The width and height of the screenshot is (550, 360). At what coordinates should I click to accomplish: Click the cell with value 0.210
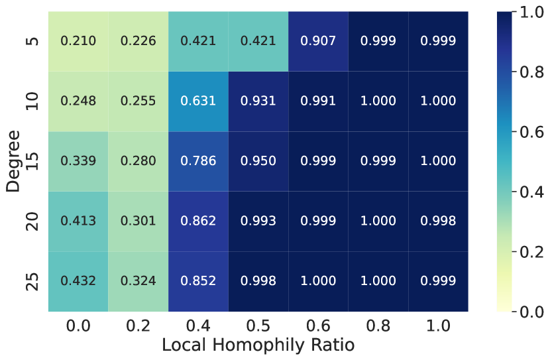[78, 41]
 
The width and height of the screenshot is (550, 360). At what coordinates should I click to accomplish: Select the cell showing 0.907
[318, 41]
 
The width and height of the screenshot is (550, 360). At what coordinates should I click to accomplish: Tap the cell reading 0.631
[198, 101]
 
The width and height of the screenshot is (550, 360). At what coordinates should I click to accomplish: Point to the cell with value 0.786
[198, 161]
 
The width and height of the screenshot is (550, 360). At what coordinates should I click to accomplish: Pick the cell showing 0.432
[78, 281]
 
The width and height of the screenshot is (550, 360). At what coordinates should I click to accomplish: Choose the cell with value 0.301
[138, 221]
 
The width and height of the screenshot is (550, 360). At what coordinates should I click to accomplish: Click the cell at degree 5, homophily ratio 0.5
[258, 41]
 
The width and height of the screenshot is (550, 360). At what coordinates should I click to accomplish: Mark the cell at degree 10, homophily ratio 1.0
[438, 101]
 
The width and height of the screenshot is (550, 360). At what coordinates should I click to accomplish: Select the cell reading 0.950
[258, 161]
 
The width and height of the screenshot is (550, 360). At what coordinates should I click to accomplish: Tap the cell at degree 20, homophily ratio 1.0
[438, 221]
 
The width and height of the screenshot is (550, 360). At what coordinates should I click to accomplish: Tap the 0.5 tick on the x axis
[258, 326]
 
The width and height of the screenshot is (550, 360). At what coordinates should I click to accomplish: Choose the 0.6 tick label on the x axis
[318, 326]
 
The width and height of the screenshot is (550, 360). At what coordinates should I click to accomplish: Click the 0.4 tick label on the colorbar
[533, 192]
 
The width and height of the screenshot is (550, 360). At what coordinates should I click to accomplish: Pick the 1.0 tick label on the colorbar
[533, 12]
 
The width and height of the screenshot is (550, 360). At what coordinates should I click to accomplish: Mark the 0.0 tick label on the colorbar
[533, 311]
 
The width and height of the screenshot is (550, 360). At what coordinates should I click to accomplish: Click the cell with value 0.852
[198, 281]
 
